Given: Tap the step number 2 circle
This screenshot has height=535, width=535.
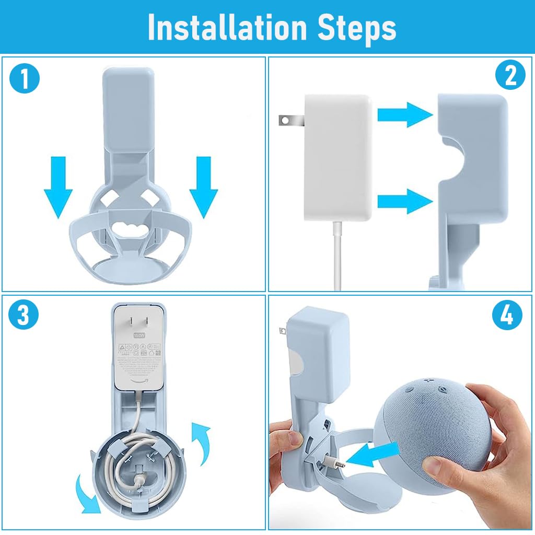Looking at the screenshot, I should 510,76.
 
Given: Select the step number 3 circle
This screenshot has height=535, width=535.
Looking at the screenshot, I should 24,317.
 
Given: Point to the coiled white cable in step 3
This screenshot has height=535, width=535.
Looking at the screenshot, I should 133,462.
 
